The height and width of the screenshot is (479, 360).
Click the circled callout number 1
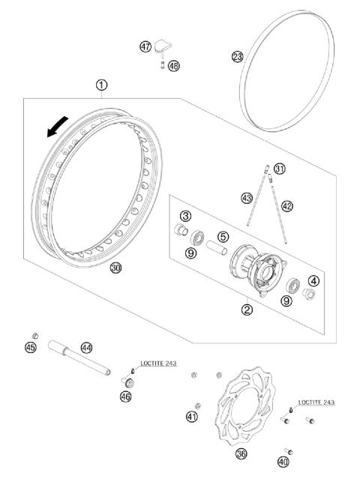click(x=101, y=85)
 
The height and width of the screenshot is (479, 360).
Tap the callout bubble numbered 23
click(x=237, y=56)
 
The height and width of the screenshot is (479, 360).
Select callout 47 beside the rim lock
click(x=145, y=47)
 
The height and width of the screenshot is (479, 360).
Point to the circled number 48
click(x=175, y=65)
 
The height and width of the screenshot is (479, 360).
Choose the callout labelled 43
click(x=247, y=198)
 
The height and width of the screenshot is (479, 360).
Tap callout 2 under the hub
click(x=247, y=308)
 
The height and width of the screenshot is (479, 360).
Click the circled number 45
click(x=31, y=347)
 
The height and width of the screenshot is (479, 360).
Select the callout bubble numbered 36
click(x=241, y=453)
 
